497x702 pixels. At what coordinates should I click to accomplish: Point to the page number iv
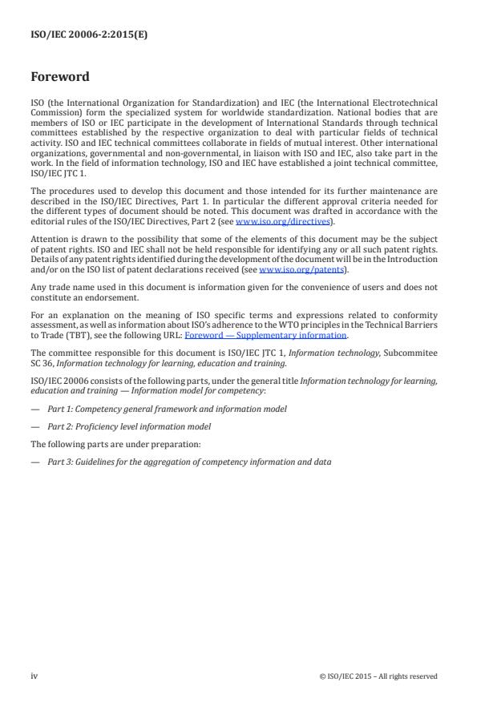[x=34, y=676]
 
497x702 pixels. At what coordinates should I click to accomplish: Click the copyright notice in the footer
[x=378, y=676]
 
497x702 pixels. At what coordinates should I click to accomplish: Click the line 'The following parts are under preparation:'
[x=110, y=444]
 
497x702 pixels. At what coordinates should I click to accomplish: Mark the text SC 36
[x=42, y=362]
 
